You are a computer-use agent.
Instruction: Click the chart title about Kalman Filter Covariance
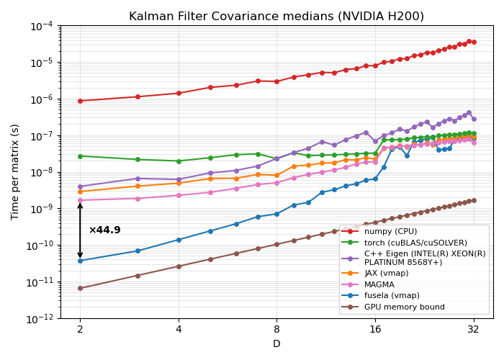click(x=276, y=16)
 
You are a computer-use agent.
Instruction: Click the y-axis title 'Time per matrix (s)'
click(x=15, y=171)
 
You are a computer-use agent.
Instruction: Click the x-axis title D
click(x=276, y=344)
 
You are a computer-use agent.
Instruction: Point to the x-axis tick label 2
click(x=80, y=328)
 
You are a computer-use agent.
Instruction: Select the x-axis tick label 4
click(x=179, y=328)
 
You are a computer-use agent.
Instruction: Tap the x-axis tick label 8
click(x=276, y=328)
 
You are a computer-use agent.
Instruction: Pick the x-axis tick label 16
click(x=375, y=328)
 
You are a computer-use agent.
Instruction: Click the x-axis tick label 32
click(x=474, y=328)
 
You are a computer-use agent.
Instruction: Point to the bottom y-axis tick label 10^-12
click(x=40, y=318)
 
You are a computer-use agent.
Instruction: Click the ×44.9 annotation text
click(x=104, y=230)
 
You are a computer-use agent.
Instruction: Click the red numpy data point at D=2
click(x=80, y=101)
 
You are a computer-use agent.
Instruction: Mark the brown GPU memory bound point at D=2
click(x=80, y=288)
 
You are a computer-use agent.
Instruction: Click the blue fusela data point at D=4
click(x=179, y=240)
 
